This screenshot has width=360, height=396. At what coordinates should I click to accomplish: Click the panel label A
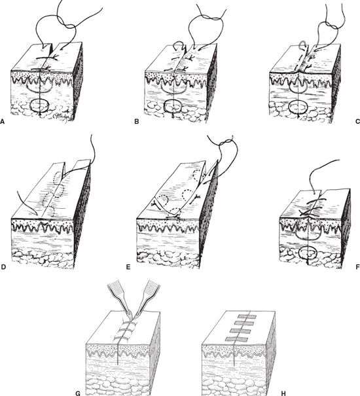[3, 122]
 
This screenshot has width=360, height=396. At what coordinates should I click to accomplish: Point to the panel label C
[357, 122]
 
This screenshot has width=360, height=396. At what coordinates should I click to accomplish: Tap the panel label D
[3, 267]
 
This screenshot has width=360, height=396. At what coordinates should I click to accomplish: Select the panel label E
[128, 267]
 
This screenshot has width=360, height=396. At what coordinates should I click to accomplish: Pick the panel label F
[357, 267]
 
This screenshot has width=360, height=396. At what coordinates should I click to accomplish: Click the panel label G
[78, 393]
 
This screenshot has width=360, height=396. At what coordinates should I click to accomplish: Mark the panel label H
[283, 393]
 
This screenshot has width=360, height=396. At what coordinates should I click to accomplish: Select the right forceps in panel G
[148, 298]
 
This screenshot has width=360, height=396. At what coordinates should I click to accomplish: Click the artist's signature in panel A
[61, 116]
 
